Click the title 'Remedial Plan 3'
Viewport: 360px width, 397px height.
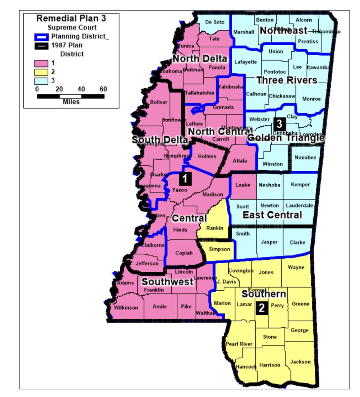click(x=71, y=18)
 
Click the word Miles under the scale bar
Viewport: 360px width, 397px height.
click(x=71, y=102)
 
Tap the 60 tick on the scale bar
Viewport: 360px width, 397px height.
click(x=103, y=89)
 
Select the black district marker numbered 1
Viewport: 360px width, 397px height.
click(x=185, y=179)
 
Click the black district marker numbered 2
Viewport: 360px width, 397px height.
click(x=261, y=308)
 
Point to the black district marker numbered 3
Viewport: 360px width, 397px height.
click(x=279, y=124)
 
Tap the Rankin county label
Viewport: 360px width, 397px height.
click(x=215, y=228)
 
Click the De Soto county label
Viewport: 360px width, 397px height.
click(x=215, y=22)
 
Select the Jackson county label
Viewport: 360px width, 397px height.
click(x=300, y=362)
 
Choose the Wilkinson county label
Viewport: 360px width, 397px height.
click(x=126, y=308)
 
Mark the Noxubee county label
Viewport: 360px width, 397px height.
click(x=305, y=157)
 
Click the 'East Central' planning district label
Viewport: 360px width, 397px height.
click(x=272, y=215)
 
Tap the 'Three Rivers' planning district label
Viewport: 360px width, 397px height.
click(x=287, y=80)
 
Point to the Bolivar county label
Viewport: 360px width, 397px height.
click(x=158, y=102)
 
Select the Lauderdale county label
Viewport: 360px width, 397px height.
click(x=299, y=205)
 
